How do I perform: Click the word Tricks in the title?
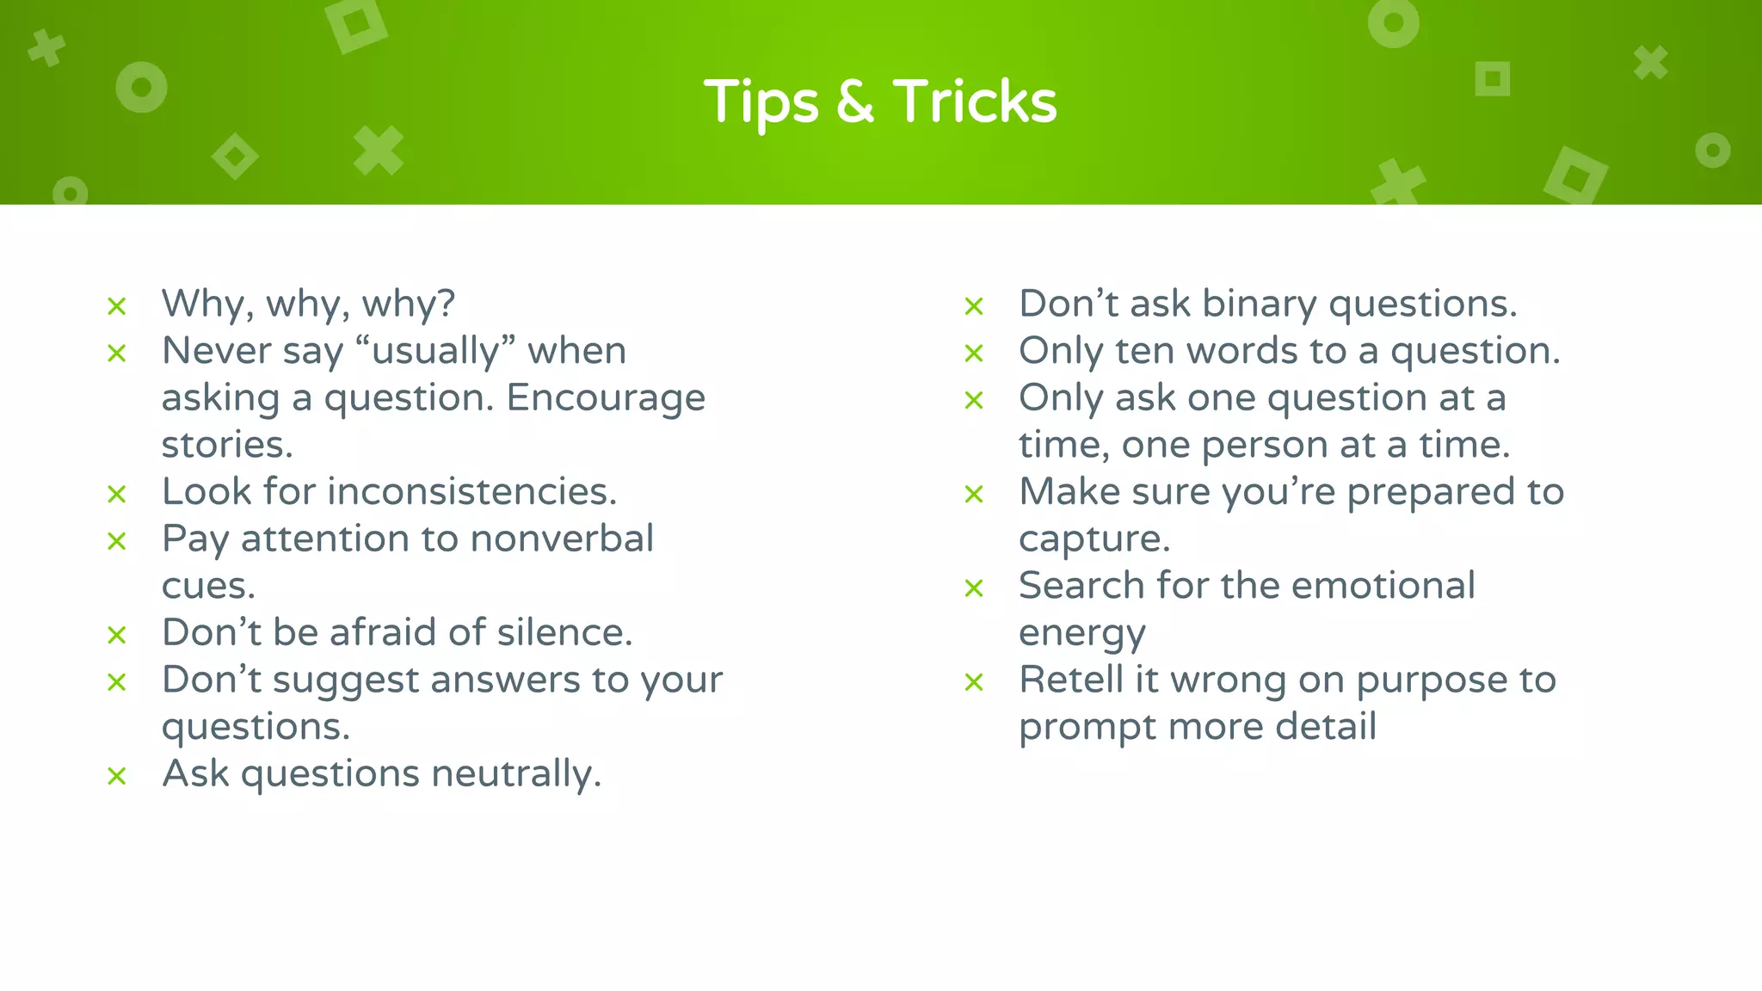pos(974,102)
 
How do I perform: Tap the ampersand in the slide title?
pos(854,102)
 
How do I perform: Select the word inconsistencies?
pos(471,491)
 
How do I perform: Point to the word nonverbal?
pos(562,539)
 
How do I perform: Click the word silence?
pos(564,632)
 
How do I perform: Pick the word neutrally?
pos(515,773)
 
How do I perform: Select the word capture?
pos(1094,539)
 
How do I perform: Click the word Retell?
pos(1071,680)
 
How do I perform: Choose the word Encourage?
pos(606,398)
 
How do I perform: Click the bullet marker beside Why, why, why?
pos(117,306)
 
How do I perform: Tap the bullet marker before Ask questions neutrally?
pos(117,776)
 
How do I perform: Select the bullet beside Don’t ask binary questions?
pos(974,306)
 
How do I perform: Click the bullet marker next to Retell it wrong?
pos(974,682)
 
